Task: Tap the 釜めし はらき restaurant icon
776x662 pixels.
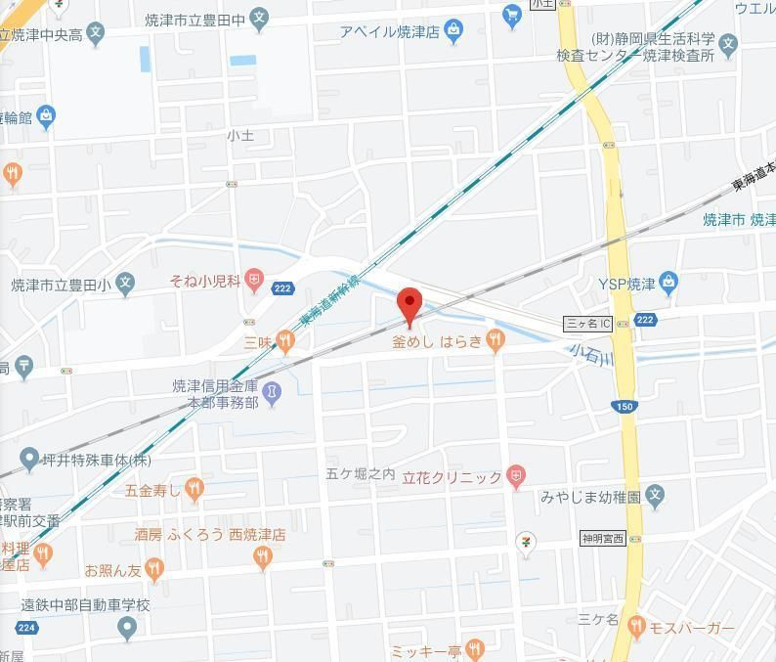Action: [496, 340]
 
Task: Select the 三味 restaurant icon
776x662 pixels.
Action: [284, 340]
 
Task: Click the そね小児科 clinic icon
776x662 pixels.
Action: [254, 282]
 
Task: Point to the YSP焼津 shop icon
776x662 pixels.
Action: [668, 284]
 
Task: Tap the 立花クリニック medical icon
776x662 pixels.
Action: [517, 477]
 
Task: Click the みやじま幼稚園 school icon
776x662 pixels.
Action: [656, 497]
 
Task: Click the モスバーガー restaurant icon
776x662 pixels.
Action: [636, 626]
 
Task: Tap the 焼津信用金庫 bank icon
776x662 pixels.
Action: [272, 393]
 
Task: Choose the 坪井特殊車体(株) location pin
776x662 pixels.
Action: [28, 459]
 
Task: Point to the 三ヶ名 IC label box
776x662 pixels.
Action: [588, 323]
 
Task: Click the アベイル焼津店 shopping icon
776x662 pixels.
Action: [453, 32]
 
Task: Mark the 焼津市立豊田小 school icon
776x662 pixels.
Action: [124, 285]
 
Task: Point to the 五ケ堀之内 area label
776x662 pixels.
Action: [361, 474]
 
